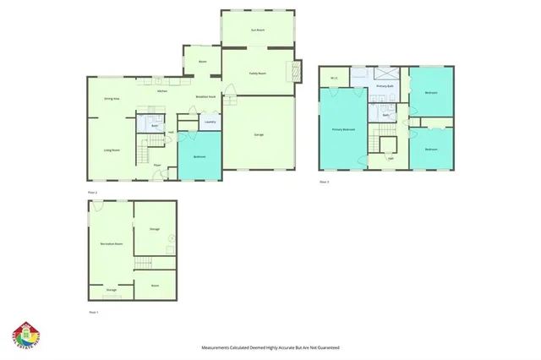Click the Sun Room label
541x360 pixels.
[258, 30]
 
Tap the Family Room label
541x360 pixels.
[258, 74]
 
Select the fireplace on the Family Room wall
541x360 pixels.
[296, 70]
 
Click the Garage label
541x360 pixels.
[258, 134]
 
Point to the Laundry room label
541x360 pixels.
[210, 122]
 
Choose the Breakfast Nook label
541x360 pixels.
[205, 97]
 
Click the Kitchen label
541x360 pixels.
[162, 90]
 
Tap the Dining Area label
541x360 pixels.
[111, 100]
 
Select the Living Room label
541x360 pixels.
[111, 150]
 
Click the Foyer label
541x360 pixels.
[157, 165]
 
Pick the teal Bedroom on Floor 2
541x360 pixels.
[199, 156]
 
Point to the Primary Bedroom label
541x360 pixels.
[343, 129]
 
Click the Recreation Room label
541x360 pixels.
[112, 243]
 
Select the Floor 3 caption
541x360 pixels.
[324, 182]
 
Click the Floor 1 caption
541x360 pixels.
[94, 312]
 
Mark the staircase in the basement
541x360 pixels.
[146, 265]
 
